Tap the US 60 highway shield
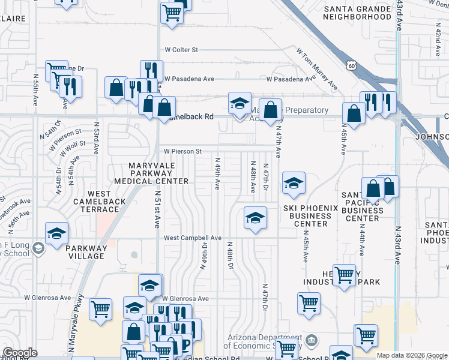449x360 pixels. [x=350, y=64]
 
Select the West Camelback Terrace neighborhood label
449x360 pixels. [x=99, y=202]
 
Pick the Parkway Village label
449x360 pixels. [x=86, y=252]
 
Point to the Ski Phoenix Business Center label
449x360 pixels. [x=310, y=216]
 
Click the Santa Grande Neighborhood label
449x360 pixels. [x=357, y=13]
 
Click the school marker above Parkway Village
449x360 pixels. [x=56, y=233]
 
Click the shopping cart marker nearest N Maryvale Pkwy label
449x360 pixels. [x=100, y=309]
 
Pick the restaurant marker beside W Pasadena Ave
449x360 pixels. [x=151, y=70]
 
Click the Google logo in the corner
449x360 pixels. [x=20, y=353]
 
